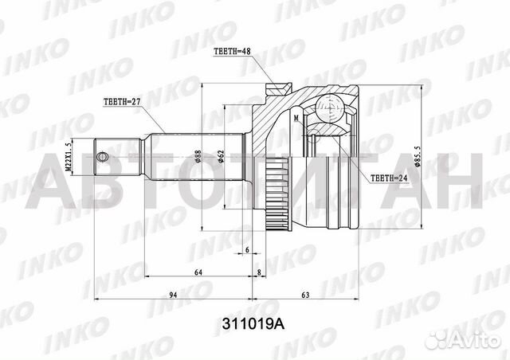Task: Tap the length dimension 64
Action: pyautogui.click(x=197, y=273)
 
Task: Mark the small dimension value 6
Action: pyautogui.click(x=248, y=249)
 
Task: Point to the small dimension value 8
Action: pyautogui.click(x=261, y=273)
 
